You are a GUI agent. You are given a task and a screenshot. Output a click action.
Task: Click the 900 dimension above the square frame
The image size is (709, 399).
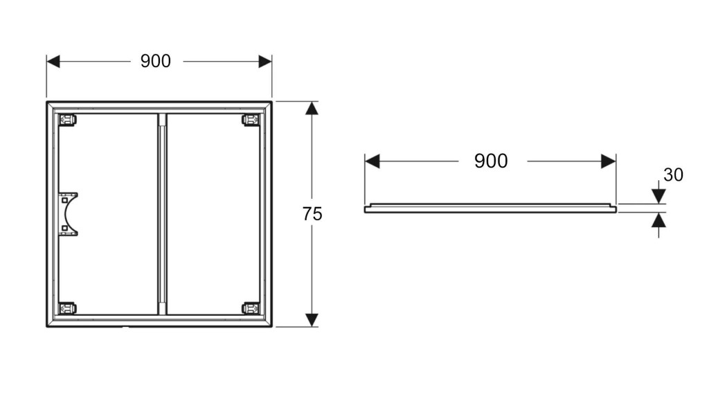[x=156, y=61]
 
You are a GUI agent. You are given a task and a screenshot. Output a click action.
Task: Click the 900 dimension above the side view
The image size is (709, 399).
[x=491, y=161]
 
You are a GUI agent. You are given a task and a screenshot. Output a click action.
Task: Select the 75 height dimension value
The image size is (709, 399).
[x=312, y=214]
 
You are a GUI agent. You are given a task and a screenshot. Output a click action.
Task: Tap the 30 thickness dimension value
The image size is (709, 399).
[x=673, y=175]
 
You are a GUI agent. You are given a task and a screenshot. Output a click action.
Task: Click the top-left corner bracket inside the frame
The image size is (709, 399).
[x=67, y=120]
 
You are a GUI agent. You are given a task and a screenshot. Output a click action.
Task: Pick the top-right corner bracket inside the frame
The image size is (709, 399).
[x=251, y=120]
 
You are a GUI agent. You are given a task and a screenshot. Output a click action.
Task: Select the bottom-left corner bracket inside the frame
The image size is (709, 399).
[x=67, y=308]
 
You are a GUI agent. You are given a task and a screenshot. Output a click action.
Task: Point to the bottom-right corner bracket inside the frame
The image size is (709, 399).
[x=251, y=308]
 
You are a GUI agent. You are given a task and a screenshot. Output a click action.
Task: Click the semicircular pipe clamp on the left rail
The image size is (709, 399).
[x=69, y=214]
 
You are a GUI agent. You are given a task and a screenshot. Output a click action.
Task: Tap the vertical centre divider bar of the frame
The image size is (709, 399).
[x=162, y=214]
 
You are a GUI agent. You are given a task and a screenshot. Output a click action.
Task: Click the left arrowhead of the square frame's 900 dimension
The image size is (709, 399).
[x=53, y=62]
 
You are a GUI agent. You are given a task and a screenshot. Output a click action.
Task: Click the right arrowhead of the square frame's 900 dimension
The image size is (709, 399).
[x=265, y=62]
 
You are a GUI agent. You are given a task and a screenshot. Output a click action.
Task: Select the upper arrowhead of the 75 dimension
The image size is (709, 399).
[x=312, y=109]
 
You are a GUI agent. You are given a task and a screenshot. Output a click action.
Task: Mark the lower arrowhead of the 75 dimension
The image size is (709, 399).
[x=312, y=319]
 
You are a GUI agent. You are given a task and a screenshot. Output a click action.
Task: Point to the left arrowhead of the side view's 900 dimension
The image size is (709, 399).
[x=373, y=161]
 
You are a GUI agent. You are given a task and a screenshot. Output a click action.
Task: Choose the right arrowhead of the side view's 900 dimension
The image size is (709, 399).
[x=609, y=161]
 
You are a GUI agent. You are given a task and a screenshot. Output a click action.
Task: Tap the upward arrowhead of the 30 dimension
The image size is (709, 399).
[x=658, y=221]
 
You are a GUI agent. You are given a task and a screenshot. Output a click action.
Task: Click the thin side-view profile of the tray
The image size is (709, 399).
[x=490, y=208]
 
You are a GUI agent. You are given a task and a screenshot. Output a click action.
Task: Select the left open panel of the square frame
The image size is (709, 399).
[x=111, y=214]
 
